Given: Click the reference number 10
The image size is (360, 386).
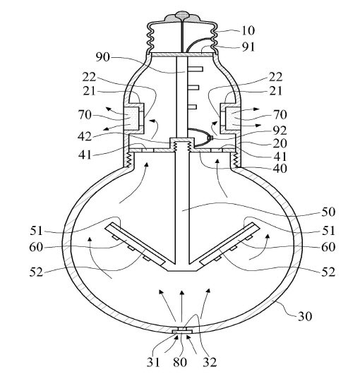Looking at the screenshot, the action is click(x=248, y=30).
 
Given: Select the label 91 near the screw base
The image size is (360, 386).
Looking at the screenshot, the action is click(x=248, y=47).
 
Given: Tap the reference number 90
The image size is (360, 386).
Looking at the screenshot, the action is click(x=102, y=57).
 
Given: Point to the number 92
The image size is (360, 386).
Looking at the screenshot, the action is click(x=280, y=131).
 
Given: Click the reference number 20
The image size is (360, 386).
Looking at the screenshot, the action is click(x=280, y=143).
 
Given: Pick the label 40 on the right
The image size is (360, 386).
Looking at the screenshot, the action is click(x=280, y=169).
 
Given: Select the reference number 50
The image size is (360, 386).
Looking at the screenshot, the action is click(x=328, y=212).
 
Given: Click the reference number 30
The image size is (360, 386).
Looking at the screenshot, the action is click(x=305, y=316).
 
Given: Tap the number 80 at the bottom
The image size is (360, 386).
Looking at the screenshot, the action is click(x=180, y=362).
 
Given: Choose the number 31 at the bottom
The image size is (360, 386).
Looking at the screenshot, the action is click(x=153, y=362).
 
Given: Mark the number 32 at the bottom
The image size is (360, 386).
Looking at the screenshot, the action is click(x=210, y=362).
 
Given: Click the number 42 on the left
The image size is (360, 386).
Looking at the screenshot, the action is click(x=85, y=136).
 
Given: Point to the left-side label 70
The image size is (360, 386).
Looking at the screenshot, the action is click(x=85, y=115).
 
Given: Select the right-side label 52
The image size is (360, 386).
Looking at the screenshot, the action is click(x=328, y=272).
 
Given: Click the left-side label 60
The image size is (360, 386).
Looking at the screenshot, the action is click(x=36, y=247).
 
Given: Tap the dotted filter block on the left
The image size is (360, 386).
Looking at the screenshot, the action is click(x=132, y=118).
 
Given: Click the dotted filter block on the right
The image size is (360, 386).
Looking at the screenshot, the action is click(x=232, y=118).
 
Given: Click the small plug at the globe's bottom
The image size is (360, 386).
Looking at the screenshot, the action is click(x=182, y=331).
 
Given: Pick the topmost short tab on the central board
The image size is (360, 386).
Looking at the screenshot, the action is click(x=195, y=68).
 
